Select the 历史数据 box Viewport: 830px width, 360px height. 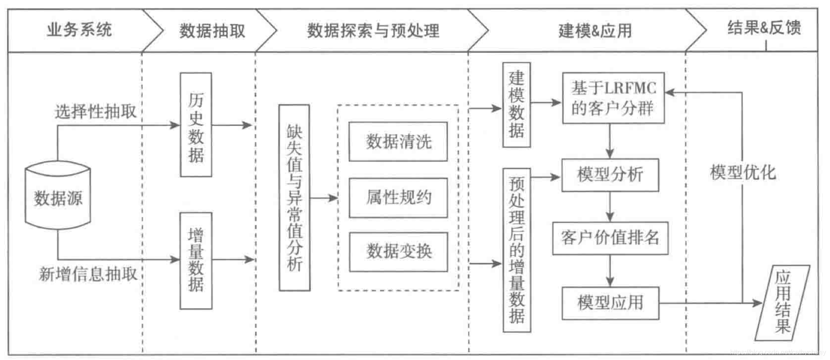[196, 125]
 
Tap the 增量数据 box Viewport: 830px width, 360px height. [196, 260]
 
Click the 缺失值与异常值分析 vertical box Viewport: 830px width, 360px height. [294, 198]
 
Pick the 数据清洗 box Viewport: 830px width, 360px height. [398, 142]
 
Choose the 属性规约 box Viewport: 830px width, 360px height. [398, 198]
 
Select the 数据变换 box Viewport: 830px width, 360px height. [398, 252]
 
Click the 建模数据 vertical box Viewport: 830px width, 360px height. [516, 105]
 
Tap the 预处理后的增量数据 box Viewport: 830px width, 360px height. [517, 250]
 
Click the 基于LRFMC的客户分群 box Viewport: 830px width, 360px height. [613, 98]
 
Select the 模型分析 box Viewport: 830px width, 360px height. [610, 175]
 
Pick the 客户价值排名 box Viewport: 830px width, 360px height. [610, 238]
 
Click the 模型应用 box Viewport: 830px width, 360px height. [610, 303]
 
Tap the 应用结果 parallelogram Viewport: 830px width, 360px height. [782, 303]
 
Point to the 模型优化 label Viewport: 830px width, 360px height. [742, 173]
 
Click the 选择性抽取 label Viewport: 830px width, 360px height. [96, 112]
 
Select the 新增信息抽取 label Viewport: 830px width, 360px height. [88, 274]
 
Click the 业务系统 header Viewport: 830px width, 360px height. [79, 30]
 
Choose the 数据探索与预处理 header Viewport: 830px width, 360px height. [373, 31]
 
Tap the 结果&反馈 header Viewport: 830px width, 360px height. [763, 28]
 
